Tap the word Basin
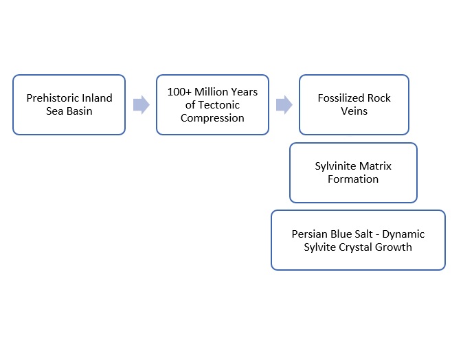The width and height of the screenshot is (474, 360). tap(79, 111)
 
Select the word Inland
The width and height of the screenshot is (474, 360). tap(97, 98)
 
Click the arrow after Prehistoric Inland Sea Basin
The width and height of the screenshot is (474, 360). tap(142, 105)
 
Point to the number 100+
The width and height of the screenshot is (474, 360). tap(179, 91)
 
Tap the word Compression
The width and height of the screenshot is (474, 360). tap(212, 118)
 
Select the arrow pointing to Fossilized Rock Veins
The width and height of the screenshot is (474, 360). tap(284, 105)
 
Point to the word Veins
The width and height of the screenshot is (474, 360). tap(354, 111)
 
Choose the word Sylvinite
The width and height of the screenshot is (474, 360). tap(335, 166)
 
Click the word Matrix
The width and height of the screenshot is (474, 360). tap(375, 166)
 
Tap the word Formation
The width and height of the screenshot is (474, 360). tap(353, 179)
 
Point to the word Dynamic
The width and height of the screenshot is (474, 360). tap(403, 234)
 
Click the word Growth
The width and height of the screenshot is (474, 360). tap(394, 247)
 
